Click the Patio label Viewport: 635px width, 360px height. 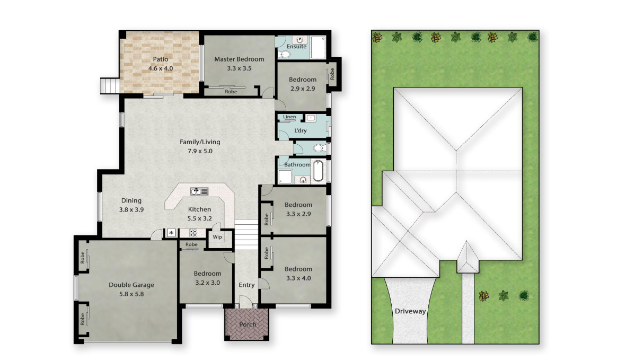(161, 59)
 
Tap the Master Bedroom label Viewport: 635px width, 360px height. (239, 59)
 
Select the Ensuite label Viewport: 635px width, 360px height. (296, 47)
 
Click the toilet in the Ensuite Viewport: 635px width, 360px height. (285, 54)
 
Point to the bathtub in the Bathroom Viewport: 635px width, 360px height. (319, 171)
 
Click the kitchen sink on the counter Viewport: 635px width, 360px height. (199, 191)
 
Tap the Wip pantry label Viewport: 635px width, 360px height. (217, 237)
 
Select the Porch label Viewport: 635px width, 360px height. (248, 324)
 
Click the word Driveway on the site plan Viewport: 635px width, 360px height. (410, 311)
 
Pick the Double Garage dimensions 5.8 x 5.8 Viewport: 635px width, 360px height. (131, 294)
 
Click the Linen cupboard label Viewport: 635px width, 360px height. (289, 117)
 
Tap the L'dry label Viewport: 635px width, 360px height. (301, 131)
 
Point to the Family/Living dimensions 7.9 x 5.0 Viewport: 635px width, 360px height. (200, 151)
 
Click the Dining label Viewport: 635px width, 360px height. (131, 200)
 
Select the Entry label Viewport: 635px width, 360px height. (246, 285)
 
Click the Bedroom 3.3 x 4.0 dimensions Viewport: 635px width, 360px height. (298, 278)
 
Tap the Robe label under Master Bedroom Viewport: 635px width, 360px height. (231, 92)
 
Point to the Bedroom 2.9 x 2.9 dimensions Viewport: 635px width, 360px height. (303, 89)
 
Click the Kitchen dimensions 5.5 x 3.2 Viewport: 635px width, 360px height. (199, 218)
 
